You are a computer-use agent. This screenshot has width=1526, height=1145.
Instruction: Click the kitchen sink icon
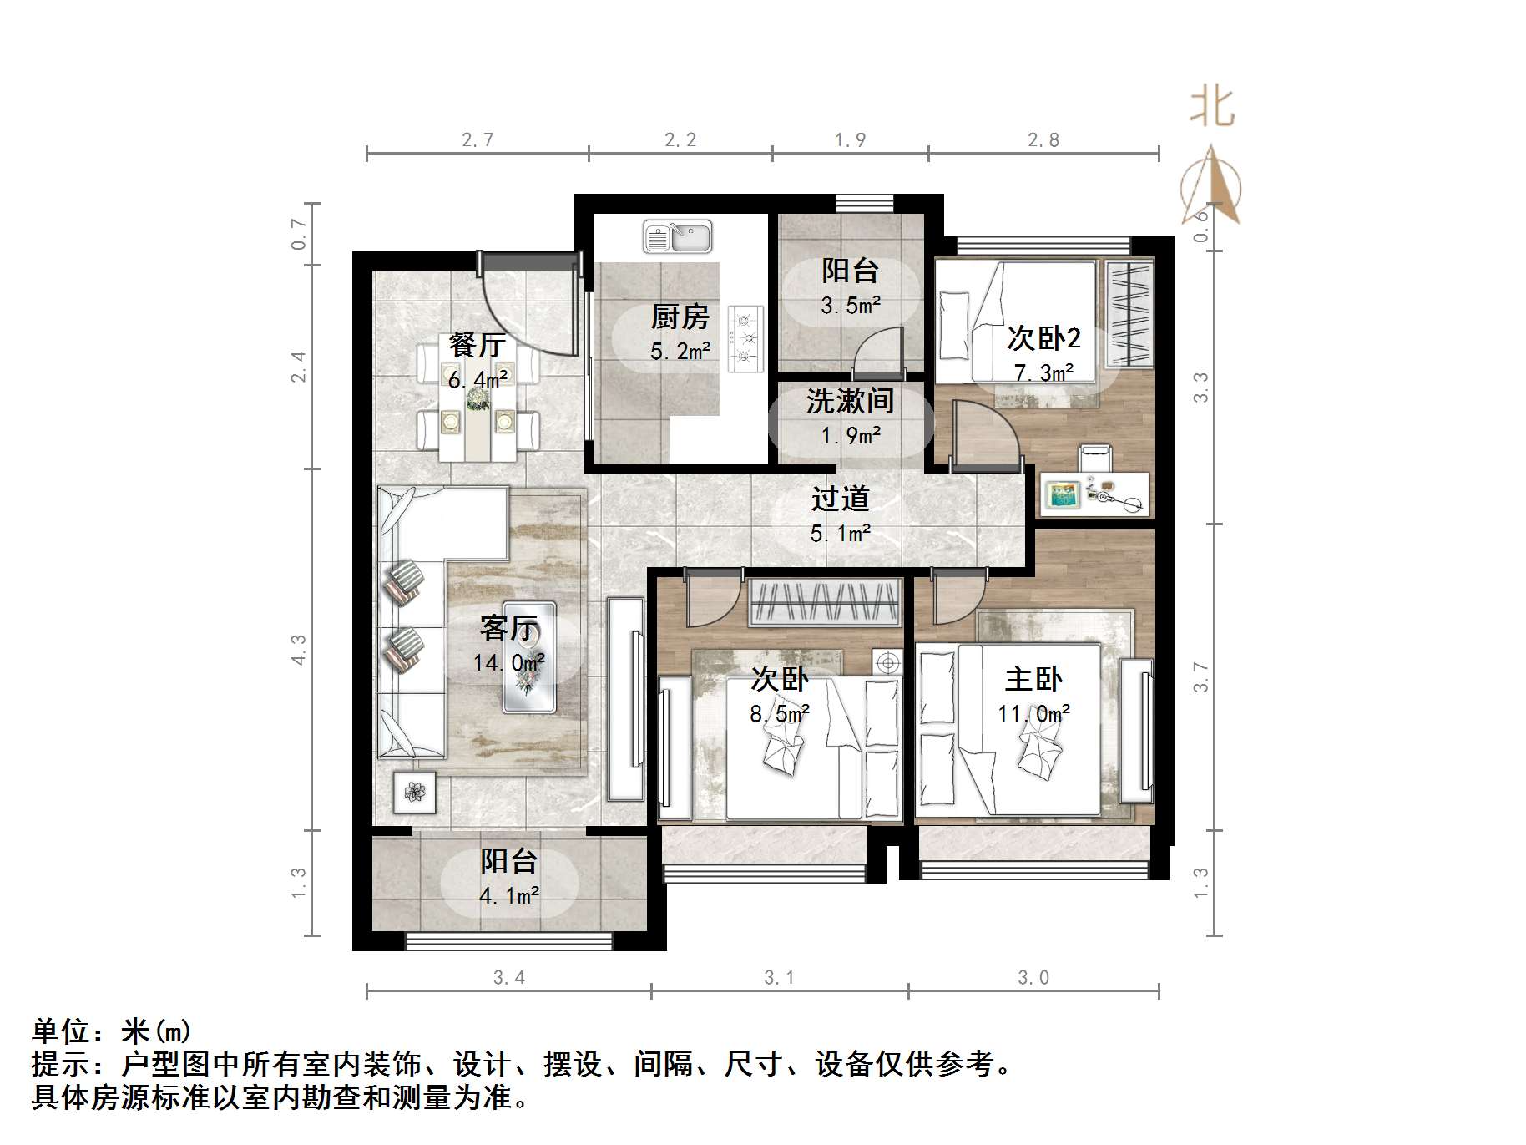click(677, 236)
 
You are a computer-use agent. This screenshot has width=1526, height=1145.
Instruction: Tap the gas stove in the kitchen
click(745, 338)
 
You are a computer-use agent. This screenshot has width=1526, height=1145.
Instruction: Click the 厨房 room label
click(680, 317)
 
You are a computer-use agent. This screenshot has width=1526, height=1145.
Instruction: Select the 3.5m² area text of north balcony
click(850, 306)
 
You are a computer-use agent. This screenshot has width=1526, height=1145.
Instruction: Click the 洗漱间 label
click(850, 402)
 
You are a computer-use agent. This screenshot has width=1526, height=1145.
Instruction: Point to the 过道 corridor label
click(841, 499)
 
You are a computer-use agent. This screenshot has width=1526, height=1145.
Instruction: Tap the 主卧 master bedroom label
click(1033, 679)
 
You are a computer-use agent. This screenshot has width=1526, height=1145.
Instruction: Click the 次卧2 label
click(1043, 338)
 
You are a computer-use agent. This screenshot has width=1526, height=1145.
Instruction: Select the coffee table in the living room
click(529, 656)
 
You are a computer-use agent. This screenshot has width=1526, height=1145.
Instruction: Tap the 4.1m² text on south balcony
click(509, 896)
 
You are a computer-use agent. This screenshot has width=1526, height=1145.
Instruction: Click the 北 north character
click(1212, 109)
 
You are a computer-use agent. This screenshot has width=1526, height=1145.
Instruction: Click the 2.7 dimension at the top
click(478, 140)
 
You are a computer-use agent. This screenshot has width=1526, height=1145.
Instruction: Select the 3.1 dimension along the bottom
click(780, 977)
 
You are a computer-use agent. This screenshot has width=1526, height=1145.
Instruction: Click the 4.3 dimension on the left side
click(299, 649)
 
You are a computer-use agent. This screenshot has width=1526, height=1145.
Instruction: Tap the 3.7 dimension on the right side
click(1200, 676)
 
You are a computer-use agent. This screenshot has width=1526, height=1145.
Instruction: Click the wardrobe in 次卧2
click(1129, 314)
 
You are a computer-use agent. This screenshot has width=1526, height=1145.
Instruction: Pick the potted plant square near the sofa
click(415, 790)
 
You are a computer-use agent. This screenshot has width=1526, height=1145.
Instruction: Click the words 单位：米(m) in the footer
click(112, 1031)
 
